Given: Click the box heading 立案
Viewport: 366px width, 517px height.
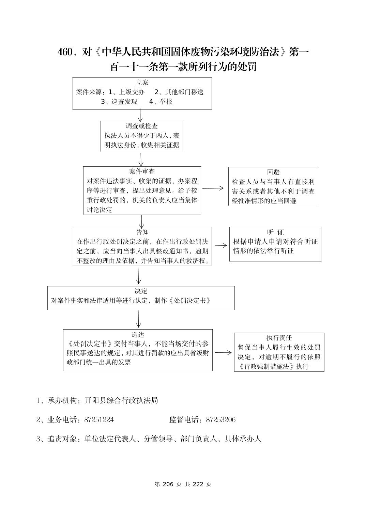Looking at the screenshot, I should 142,83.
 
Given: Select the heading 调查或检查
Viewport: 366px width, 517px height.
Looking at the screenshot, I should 142,126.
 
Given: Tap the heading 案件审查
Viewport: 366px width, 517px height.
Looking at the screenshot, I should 142,171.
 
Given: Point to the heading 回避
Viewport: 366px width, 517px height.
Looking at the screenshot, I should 273,172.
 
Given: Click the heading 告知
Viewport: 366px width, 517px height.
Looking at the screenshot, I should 142,232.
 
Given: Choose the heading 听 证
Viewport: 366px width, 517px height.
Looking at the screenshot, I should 275,232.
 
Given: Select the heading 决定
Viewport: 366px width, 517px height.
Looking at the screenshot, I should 141,291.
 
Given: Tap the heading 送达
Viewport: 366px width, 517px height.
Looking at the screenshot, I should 138,334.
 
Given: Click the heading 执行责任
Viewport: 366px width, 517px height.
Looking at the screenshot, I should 279,338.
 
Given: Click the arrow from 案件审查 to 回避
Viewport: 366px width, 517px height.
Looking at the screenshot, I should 213,188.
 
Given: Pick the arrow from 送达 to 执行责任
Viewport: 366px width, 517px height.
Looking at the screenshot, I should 223,353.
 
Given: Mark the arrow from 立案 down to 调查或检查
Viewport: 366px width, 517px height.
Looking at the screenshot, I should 140,115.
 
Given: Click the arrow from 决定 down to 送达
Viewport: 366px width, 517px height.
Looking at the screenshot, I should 138,319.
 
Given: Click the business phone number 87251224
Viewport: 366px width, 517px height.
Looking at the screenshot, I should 99,420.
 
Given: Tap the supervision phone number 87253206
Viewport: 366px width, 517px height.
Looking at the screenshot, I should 220,420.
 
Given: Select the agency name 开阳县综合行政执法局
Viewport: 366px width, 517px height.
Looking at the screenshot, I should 121,400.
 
